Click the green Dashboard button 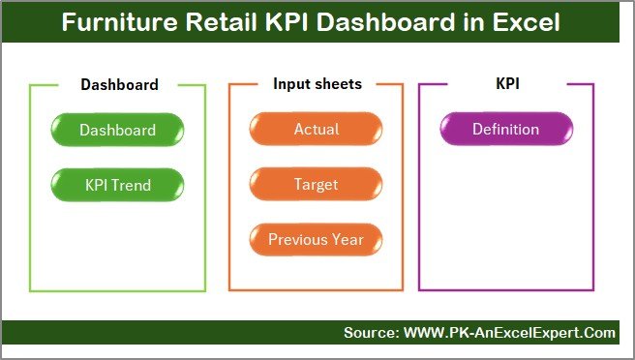point(117,130)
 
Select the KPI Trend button point(117,184)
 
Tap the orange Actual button point(316,130)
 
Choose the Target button point(316,184)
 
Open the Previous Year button point(316,239)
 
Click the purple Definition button point(505,130)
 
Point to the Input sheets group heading point(317,84)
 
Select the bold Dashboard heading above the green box point(119,84)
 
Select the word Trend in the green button point(132,184)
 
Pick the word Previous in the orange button point(298,239)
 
